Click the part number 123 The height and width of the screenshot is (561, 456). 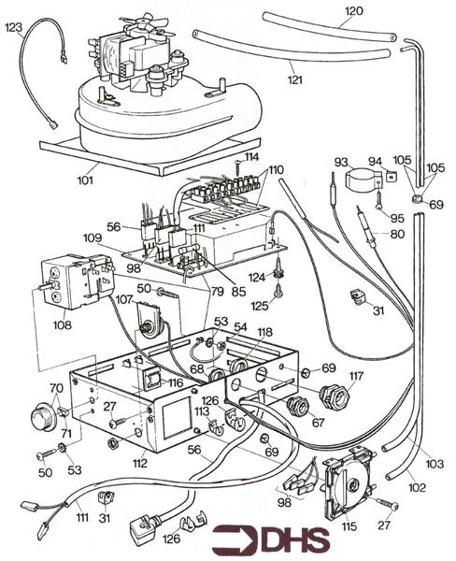point(14,27)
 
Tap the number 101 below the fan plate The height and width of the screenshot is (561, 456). point(85,180)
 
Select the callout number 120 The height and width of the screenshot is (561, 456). point(354,11)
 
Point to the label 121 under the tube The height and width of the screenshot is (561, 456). point(295,79)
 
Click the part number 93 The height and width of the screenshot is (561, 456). point(341,162)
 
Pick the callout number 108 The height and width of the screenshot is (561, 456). point(63,324)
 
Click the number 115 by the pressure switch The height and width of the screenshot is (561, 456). point(349,526)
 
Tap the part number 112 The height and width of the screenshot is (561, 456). point(140,464)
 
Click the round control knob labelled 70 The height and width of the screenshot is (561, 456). point(42,417)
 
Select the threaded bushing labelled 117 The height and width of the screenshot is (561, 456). point(335,394)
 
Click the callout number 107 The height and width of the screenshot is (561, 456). point(124,299)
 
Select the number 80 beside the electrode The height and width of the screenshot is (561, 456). point(398,234)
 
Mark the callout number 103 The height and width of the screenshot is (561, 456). point(435,464)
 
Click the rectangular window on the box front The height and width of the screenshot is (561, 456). point(178,418)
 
